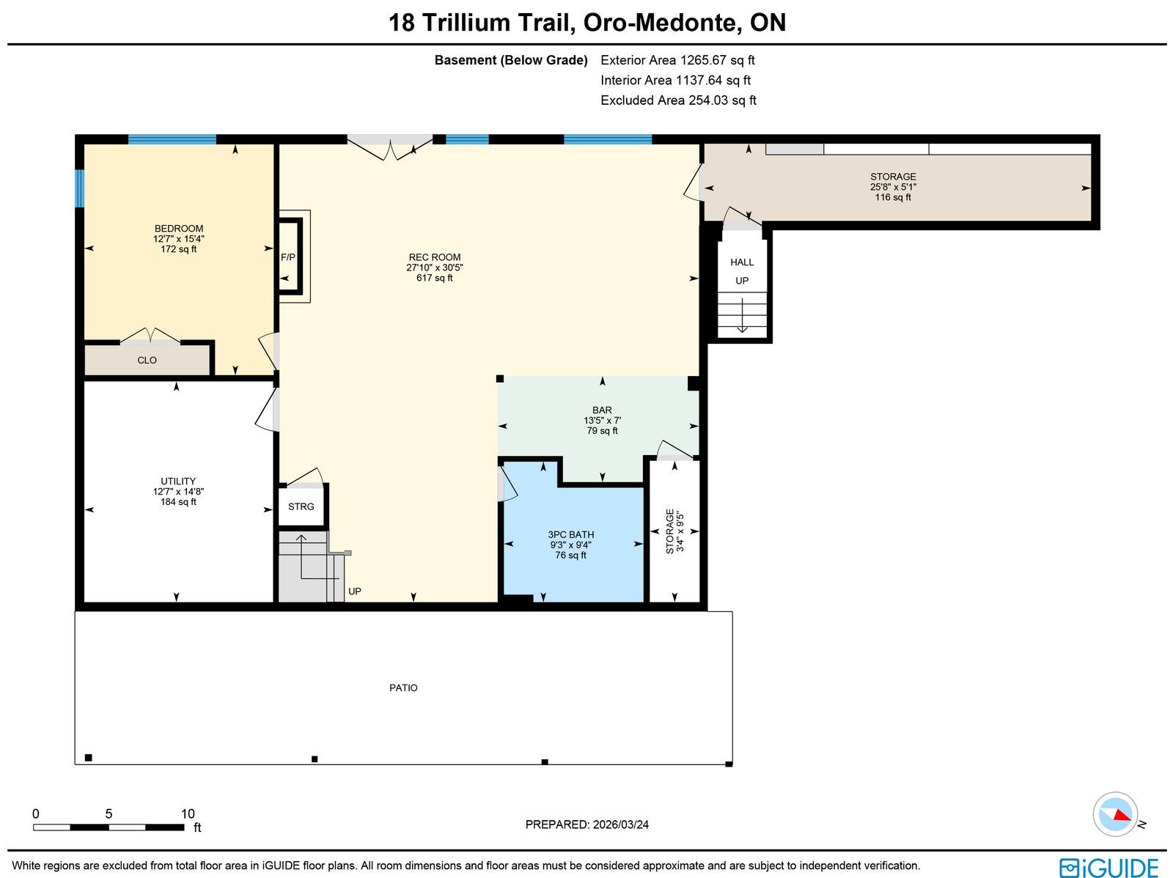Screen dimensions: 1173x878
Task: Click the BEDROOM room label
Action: point(178,229)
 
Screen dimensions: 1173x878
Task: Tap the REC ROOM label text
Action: point(435,257)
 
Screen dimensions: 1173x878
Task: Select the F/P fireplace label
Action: point(288,257)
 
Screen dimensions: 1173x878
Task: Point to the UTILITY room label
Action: point(178,482)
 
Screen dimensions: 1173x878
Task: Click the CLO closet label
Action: point(147,361)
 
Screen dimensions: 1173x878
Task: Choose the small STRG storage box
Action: point(301,506)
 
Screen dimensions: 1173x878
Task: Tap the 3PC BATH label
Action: point(570,534)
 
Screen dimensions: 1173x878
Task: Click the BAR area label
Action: point(603,410)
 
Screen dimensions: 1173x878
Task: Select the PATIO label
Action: point(403,688)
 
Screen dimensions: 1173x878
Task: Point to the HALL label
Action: point(742,262)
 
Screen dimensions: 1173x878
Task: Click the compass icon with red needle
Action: point(1115,814)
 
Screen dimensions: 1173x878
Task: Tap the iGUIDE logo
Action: point(1109,866)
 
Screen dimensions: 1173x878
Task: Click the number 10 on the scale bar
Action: point(188,814)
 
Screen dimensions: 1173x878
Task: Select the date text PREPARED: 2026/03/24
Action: point(586,824)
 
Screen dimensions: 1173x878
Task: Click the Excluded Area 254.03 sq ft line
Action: point(678,100)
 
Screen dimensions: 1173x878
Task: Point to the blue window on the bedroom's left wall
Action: point(80,188)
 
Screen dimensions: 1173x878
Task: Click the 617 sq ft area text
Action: point(435,278)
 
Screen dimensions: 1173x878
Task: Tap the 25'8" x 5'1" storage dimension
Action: point(893,187)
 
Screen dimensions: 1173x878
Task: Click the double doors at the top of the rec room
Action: point(389,146)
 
